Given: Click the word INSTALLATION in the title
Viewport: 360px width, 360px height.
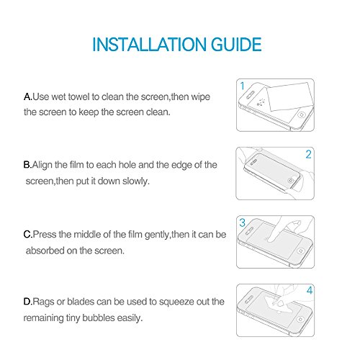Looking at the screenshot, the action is (149, 45).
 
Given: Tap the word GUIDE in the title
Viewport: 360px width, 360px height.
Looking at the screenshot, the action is (236, 45).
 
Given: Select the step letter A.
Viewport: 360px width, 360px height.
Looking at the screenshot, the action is (27, 96).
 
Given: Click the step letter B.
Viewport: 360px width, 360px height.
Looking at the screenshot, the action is (27, 165).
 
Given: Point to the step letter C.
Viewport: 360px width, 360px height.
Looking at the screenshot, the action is (27, 235).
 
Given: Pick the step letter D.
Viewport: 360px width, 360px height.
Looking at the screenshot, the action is (27, 302).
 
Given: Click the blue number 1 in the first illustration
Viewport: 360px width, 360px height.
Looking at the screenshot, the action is (243, 86).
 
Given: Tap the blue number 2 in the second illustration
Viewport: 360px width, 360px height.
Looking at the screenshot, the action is (308, 154).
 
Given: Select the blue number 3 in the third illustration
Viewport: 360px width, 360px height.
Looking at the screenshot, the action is (243, 222).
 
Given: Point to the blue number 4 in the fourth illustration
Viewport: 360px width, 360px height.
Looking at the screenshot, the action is (310, 290).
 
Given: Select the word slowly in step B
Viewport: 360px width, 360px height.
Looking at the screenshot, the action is (136, 181).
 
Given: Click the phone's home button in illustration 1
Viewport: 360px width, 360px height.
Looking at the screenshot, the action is (302, 114).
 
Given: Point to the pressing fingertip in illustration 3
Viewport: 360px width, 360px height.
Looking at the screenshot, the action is (271, 239).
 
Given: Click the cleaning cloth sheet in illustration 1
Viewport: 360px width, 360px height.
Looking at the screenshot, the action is (290, 96).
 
